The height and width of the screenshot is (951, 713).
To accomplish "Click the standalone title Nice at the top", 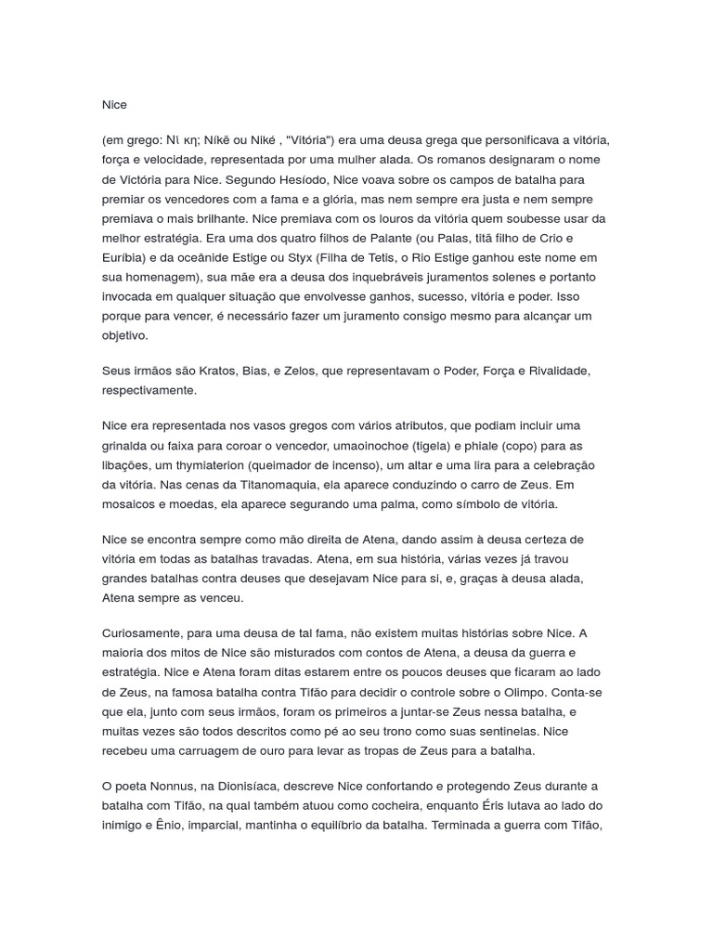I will [114, 105].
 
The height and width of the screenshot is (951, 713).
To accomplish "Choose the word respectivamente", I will [149, 390].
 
